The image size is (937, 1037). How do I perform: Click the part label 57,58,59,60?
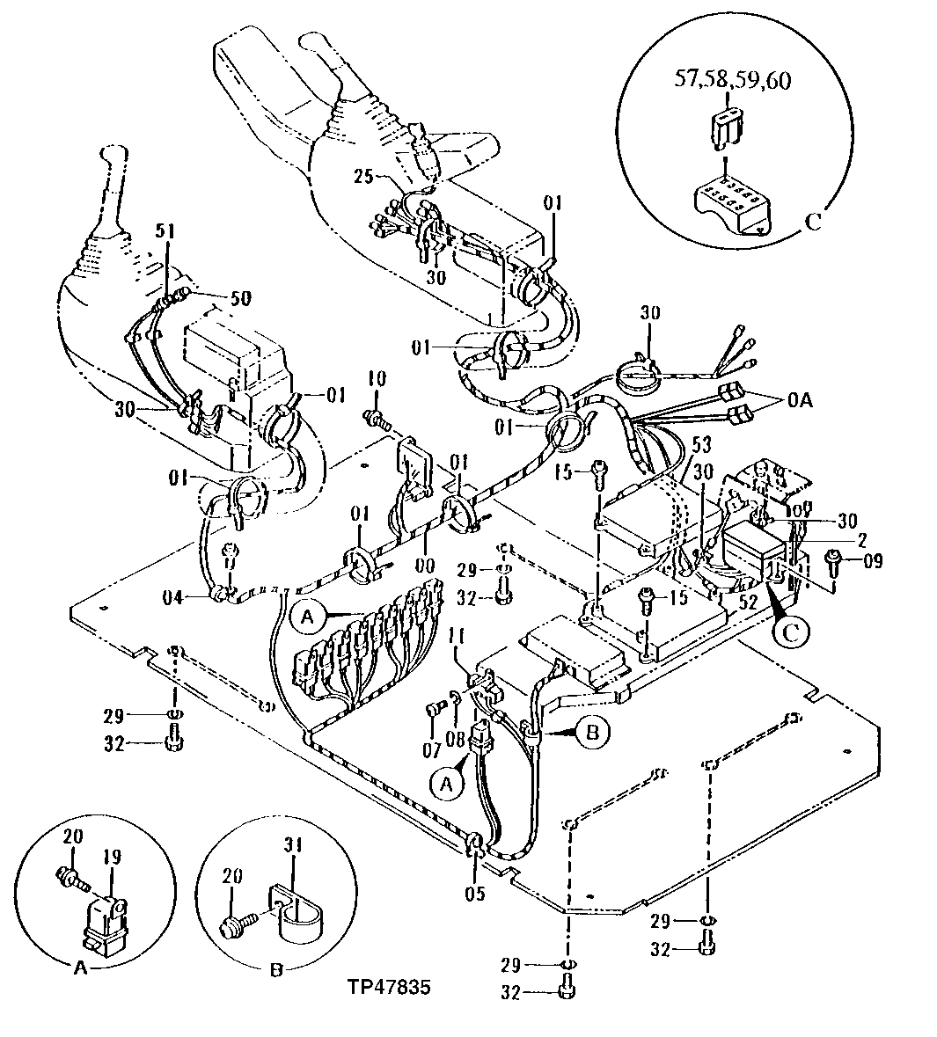point(732,80)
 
